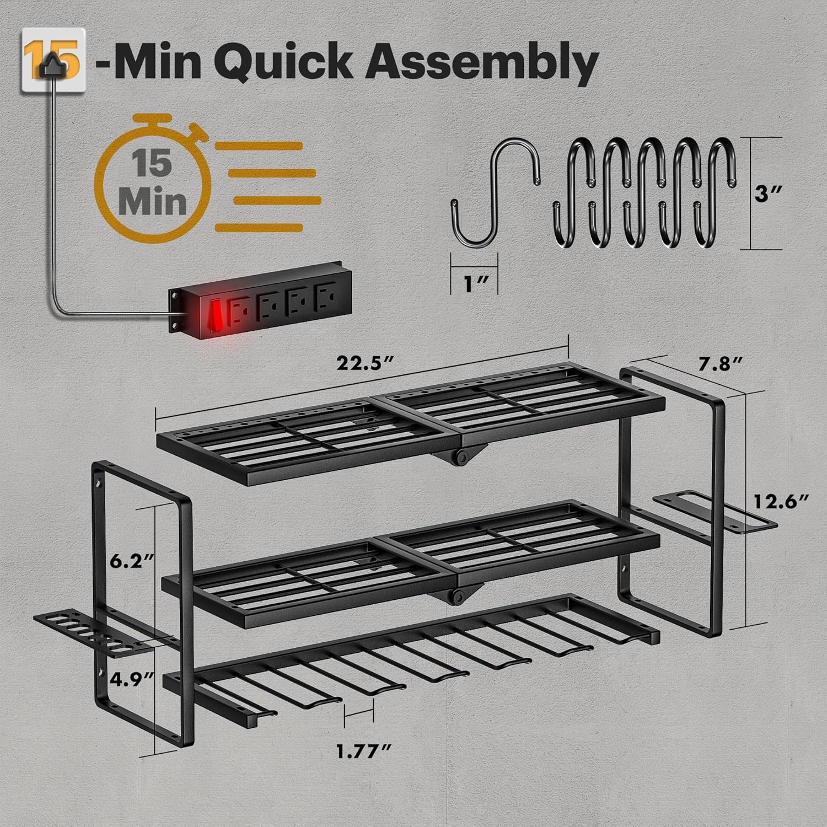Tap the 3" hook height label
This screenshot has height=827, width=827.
(770, 195)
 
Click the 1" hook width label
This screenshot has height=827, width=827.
(474, 284)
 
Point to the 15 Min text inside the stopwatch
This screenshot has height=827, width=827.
(152, 182)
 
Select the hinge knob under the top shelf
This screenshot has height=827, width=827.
(462, 457)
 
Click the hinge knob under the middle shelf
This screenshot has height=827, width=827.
(457, 596)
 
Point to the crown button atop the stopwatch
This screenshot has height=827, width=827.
(160, 121)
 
